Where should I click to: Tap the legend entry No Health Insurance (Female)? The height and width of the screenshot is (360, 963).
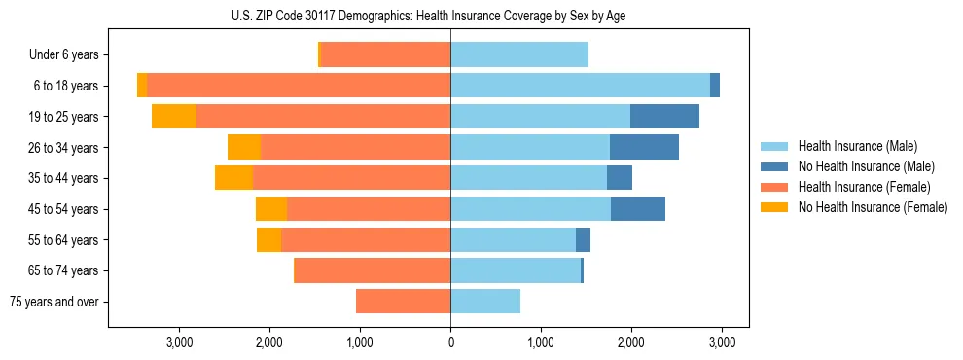(x=872, y=207)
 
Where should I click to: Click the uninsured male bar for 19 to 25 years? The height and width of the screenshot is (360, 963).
(x=664, y=117)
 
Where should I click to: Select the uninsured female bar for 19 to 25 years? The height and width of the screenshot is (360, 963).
(x=174, y=117)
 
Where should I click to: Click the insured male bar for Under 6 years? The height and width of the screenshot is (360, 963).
(x=519, y=55)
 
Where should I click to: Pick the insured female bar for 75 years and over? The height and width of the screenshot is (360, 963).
(x=403, y=302)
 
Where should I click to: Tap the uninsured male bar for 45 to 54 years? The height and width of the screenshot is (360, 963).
(x=638, y=209)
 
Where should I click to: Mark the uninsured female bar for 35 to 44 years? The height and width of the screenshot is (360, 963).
(x=233, y=178)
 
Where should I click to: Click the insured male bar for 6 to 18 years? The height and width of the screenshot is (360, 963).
(x=580, y=86)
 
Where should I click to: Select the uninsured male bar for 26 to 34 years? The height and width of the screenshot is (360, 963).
(x=644, y=148)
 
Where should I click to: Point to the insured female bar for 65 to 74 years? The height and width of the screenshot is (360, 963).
(x=373, y=270)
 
